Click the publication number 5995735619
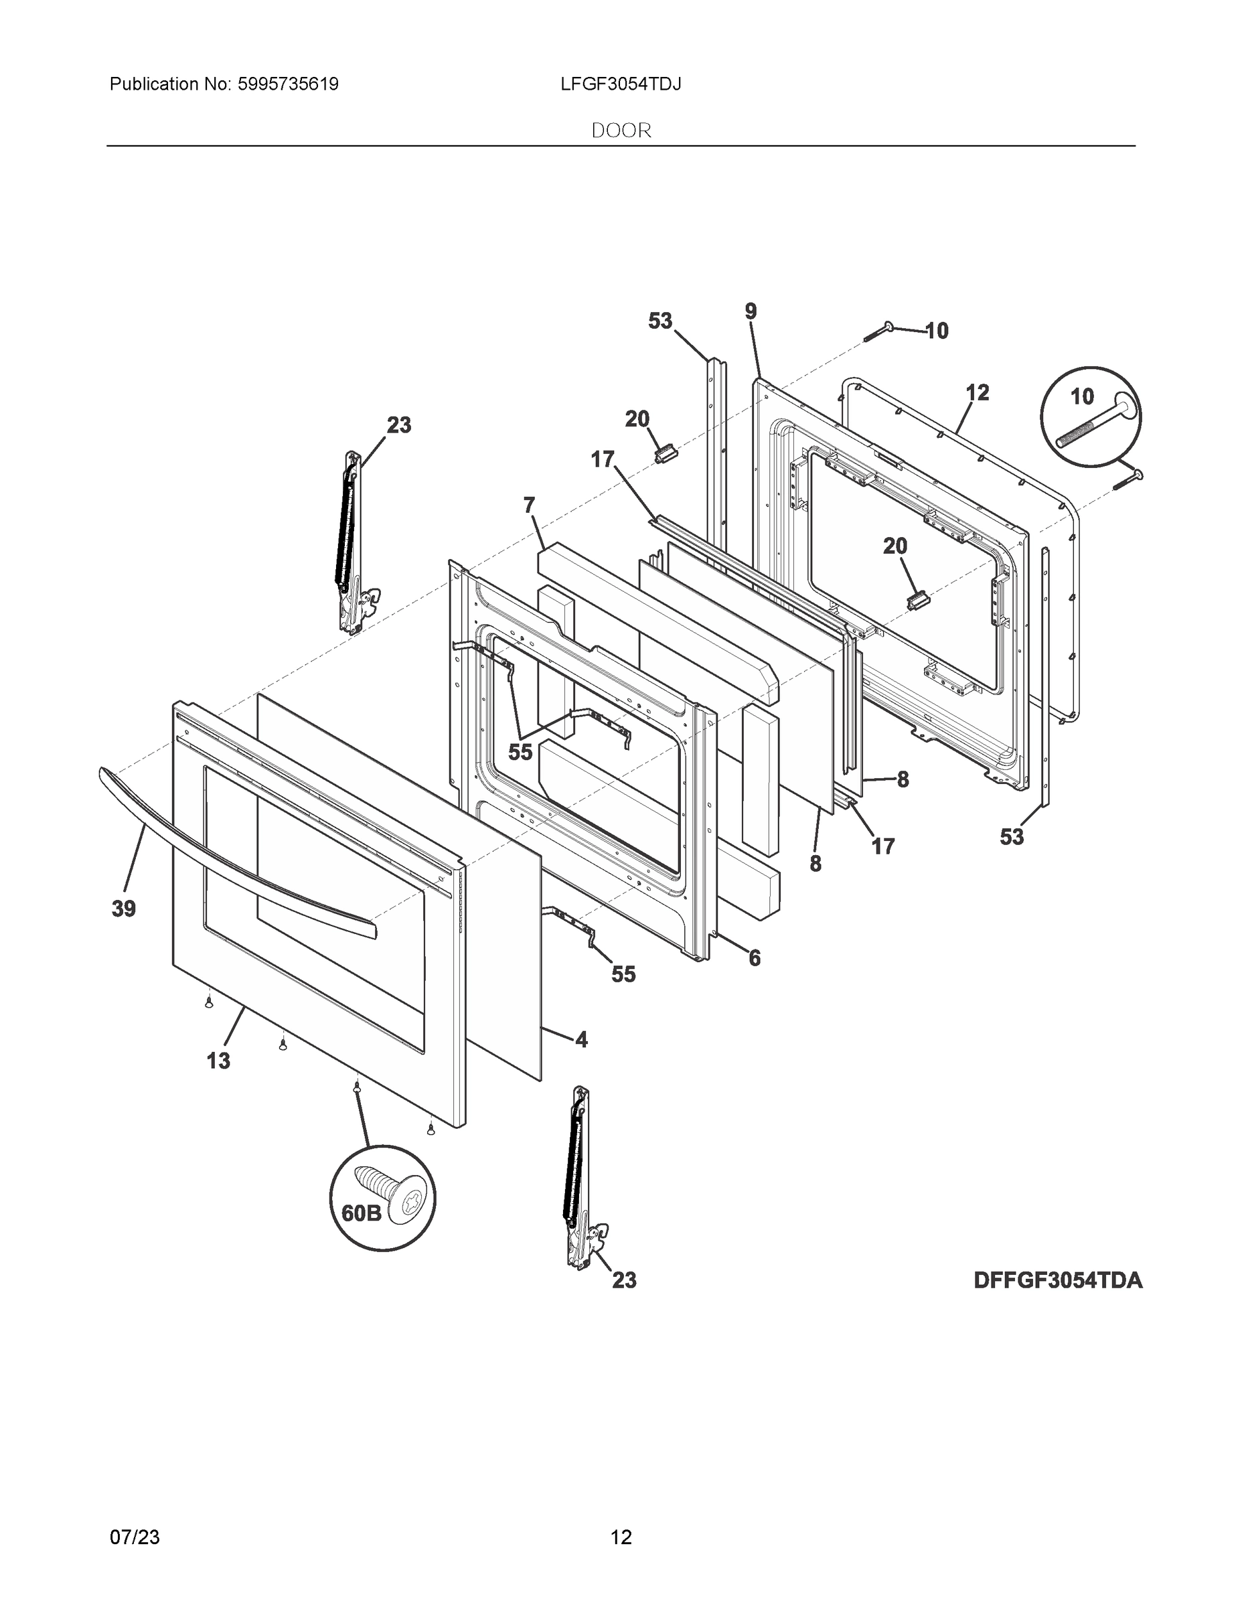pos(288,84)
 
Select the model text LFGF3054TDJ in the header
pos(620,84)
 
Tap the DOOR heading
pos(621,131)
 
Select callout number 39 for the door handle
pos(124,909)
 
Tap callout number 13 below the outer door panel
pos(218,1061)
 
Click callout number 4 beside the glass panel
pos(581,1040)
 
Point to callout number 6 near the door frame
pos(754,958)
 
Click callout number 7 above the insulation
pos(529,506)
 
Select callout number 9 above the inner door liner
pos(751,312)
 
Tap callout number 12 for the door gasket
pos(977,393)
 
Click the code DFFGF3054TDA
pos(1058,1281)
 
